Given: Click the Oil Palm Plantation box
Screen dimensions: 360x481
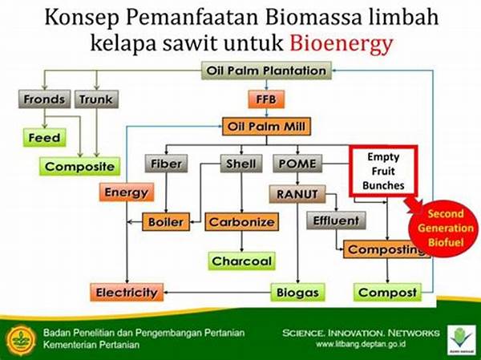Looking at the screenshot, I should (x=266, y=71).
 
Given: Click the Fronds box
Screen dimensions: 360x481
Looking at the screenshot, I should (x=44, y=99).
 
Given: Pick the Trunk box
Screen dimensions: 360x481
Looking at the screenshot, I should (x=96, y=99).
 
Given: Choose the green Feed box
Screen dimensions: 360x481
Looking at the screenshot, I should (x=43, y=137).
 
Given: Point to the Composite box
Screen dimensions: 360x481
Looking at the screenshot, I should (x=80, y=167).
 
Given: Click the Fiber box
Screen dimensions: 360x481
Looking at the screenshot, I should (x=167, y=164).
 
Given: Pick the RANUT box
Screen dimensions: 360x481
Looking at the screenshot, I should (x=294, y=193).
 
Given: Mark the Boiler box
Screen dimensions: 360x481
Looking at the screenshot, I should (x=167, y=221).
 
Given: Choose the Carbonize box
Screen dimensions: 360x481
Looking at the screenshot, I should (x=240, y=221).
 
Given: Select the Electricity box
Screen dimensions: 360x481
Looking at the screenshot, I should (x=127, y=292).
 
